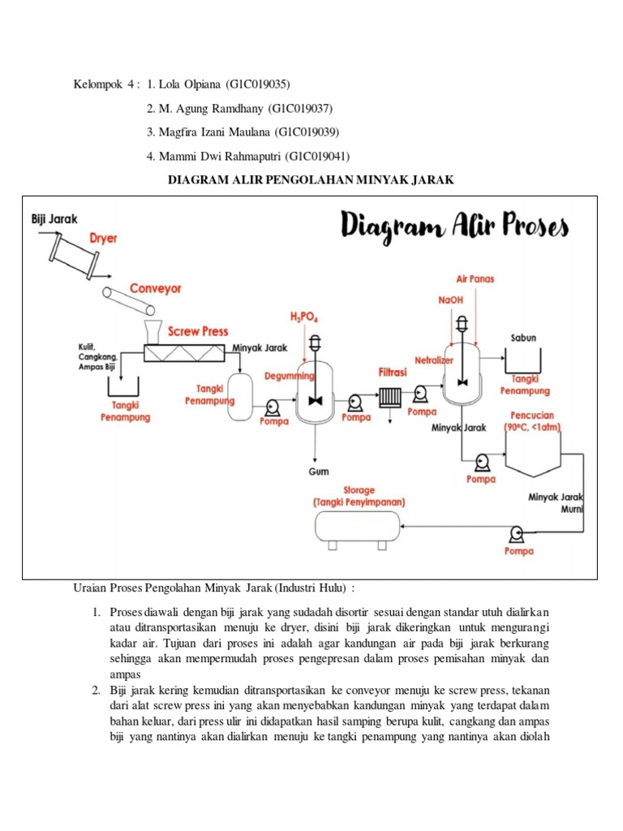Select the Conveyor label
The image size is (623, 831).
pyautogui.click(x=156, y=288)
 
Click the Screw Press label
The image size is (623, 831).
pyautogui.click(x=198, y=331)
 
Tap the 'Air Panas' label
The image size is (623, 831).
pyautogui.click(x=475, y=278)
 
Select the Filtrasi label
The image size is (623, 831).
pyautogui.click(x=393, y=372)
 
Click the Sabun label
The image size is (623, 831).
pyautogui.click(x=523, y=338)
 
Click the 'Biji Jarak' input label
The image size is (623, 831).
pyautogui.click(x=54, y=219)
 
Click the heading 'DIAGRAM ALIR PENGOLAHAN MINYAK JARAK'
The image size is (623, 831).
pyautogui.click(x=311, y=179)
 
